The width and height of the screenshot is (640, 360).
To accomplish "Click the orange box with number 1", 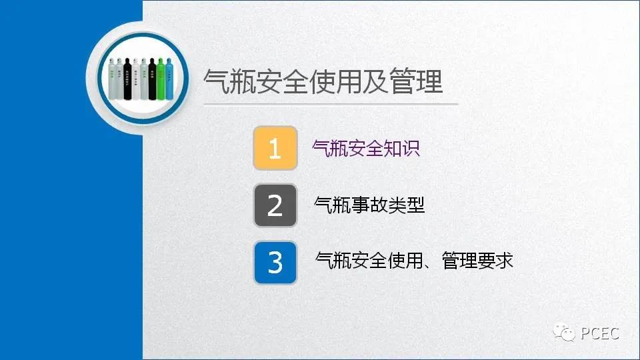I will (275, 148).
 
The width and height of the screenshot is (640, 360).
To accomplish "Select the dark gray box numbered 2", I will (275, 205).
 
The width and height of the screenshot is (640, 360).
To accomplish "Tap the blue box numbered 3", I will (275, 262).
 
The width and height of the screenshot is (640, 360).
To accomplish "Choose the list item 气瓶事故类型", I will (369, 205).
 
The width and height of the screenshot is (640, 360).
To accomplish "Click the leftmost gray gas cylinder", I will (112, 80).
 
